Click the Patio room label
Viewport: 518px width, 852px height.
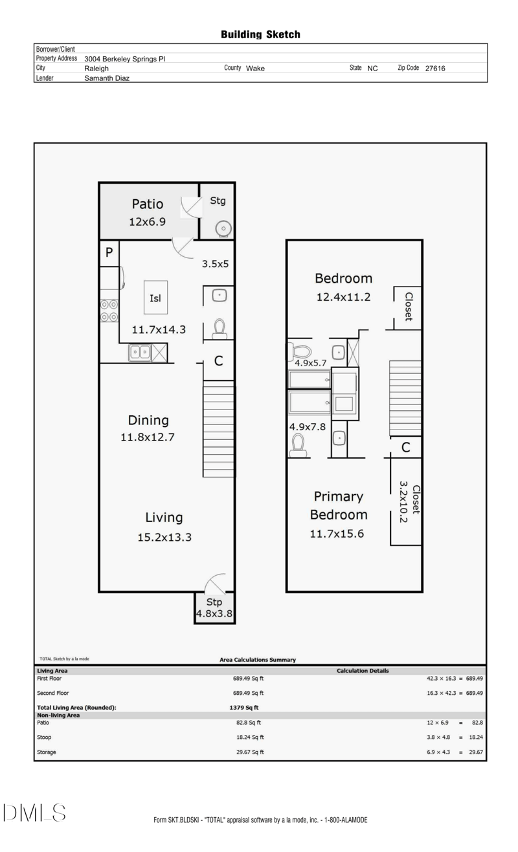147,204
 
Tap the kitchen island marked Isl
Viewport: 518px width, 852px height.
155,298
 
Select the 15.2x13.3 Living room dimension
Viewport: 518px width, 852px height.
164,537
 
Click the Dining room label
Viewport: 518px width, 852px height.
148,421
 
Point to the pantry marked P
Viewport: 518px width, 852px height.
109,252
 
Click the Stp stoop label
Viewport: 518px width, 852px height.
214,602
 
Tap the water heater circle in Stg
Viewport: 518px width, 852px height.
223,228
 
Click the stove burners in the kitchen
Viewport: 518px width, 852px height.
109,311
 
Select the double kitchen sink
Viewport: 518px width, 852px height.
140,352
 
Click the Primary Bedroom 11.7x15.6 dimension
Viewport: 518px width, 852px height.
337,534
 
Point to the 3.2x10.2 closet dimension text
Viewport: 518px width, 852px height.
403,502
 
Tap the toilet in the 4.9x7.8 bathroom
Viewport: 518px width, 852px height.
298,445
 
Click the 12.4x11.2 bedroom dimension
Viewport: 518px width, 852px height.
343,297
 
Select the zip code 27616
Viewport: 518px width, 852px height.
435,69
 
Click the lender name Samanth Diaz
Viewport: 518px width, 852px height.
107,78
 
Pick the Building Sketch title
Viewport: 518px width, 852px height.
260,35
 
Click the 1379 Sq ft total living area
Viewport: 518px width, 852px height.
244,708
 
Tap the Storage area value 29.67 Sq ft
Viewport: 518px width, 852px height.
250,752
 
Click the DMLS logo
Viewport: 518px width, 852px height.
34,813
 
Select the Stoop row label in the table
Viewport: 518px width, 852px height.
44,737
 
